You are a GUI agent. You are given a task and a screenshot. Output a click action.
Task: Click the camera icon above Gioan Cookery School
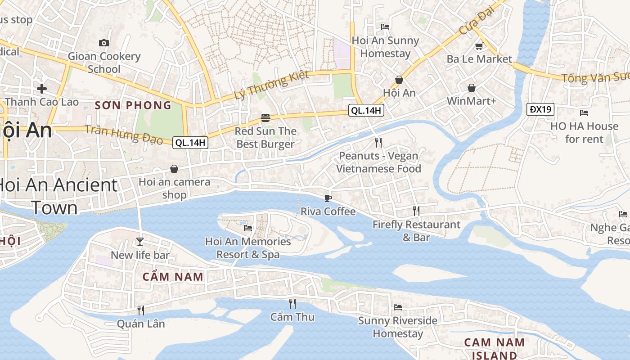104,43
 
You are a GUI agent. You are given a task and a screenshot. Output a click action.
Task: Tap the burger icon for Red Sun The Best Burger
265,118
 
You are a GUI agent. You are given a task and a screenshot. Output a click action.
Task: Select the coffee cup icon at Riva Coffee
328,198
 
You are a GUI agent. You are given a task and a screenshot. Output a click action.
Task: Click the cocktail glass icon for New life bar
140,242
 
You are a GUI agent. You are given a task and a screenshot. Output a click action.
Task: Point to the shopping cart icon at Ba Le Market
479,46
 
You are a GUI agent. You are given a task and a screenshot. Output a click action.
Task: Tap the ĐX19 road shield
540,109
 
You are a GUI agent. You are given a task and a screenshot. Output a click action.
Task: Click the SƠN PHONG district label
133,105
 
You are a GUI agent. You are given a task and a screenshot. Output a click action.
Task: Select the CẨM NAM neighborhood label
173,277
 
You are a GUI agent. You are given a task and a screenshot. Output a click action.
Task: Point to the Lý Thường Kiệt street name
271,85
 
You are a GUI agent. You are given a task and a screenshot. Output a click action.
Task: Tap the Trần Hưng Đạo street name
124,134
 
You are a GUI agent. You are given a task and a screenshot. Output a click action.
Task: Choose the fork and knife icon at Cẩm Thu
292,303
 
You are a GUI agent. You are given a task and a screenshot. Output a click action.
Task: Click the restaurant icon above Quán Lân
140,310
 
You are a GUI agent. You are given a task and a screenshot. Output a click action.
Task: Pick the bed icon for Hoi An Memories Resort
248,228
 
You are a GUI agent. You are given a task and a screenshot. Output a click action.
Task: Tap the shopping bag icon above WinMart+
471,88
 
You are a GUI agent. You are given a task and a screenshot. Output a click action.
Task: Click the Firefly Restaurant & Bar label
416,230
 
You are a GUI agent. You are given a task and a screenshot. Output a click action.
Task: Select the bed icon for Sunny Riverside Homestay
398,307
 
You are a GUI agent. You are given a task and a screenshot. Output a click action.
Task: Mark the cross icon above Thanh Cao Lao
42,89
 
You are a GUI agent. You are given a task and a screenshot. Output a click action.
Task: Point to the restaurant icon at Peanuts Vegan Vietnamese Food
378,143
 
